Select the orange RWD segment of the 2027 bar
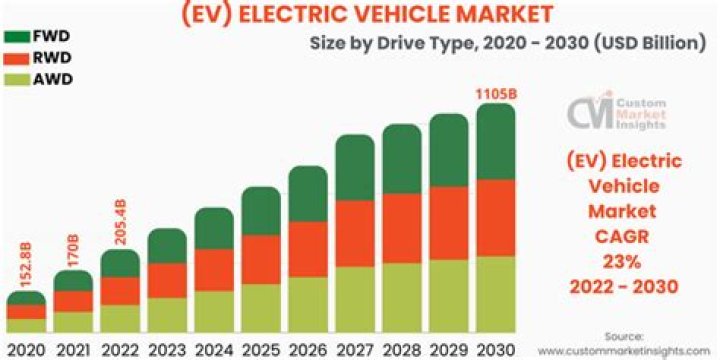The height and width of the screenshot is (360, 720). pyautogui.click(x=355, y=233)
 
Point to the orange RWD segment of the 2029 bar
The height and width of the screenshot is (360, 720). pyautogui.click(x=449, y=222)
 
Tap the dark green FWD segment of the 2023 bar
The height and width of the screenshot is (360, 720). pyautogui.click(x=167, y=246)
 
